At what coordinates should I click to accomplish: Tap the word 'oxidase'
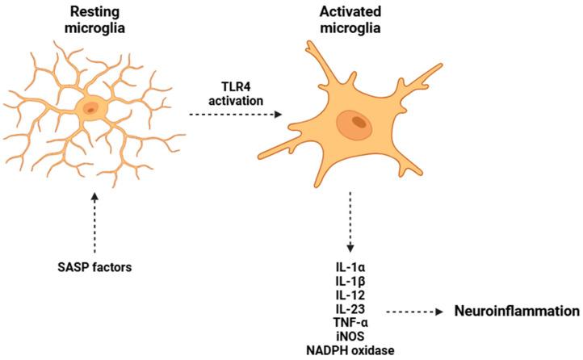click(379, 351)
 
